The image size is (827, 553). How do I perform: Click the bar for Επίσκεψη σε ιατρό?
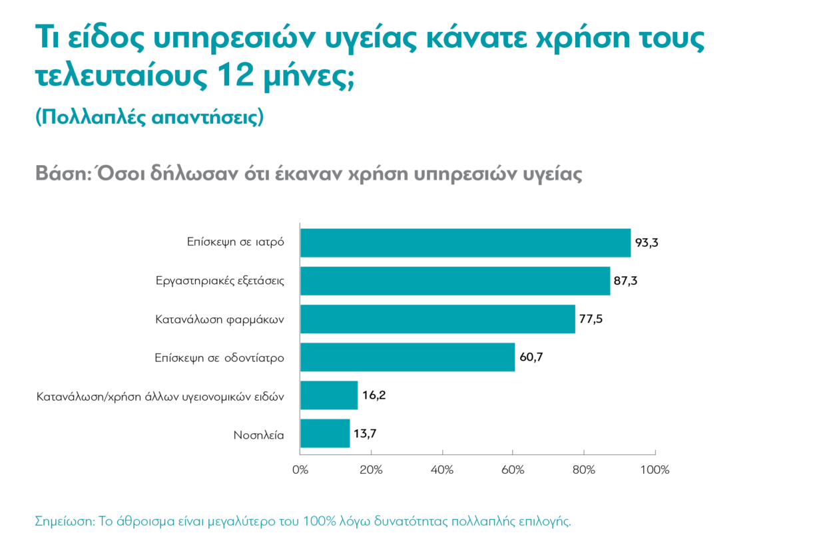point(465,243)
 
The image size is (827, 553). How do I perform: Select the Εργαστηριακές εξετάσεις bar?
point(455,281)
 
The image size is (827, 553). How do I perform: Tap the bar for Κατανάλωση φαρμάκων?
point(437,319)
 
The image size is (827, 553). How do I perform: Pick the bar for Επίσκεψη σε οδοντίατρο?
point(408,357)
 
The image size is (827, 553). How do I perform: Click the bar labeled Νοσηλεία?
point(325,433)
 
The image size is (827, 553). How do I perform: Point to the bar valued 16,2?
point(329,395)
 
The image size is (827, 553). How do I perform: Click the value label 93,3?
point(647,243)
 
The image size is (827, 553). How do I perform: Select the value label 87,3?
point(626,281)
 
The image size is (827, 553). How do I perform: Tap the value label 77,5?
point(591,319)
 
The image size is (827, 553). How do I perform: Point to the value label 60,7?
point(531,358)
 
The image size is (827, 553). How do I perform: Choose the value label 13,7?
point(366,434)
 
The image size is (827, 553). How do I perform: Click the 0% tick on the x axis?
point(300,470)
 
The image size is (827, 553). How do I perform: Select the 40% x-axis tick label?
point(442,470)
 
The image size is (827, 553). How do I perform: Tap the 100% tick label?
point(655,470)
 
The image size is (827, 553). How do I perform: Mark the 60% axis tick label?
point(513,470)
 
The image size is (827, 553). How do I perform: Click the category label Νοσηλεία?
point(258,435)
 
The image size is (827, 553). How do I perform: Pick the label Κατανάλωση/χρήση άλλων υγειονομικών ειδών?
point(160,397)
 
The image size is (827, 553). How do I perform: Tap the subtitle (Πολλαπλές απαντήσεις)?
point(149,117)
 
